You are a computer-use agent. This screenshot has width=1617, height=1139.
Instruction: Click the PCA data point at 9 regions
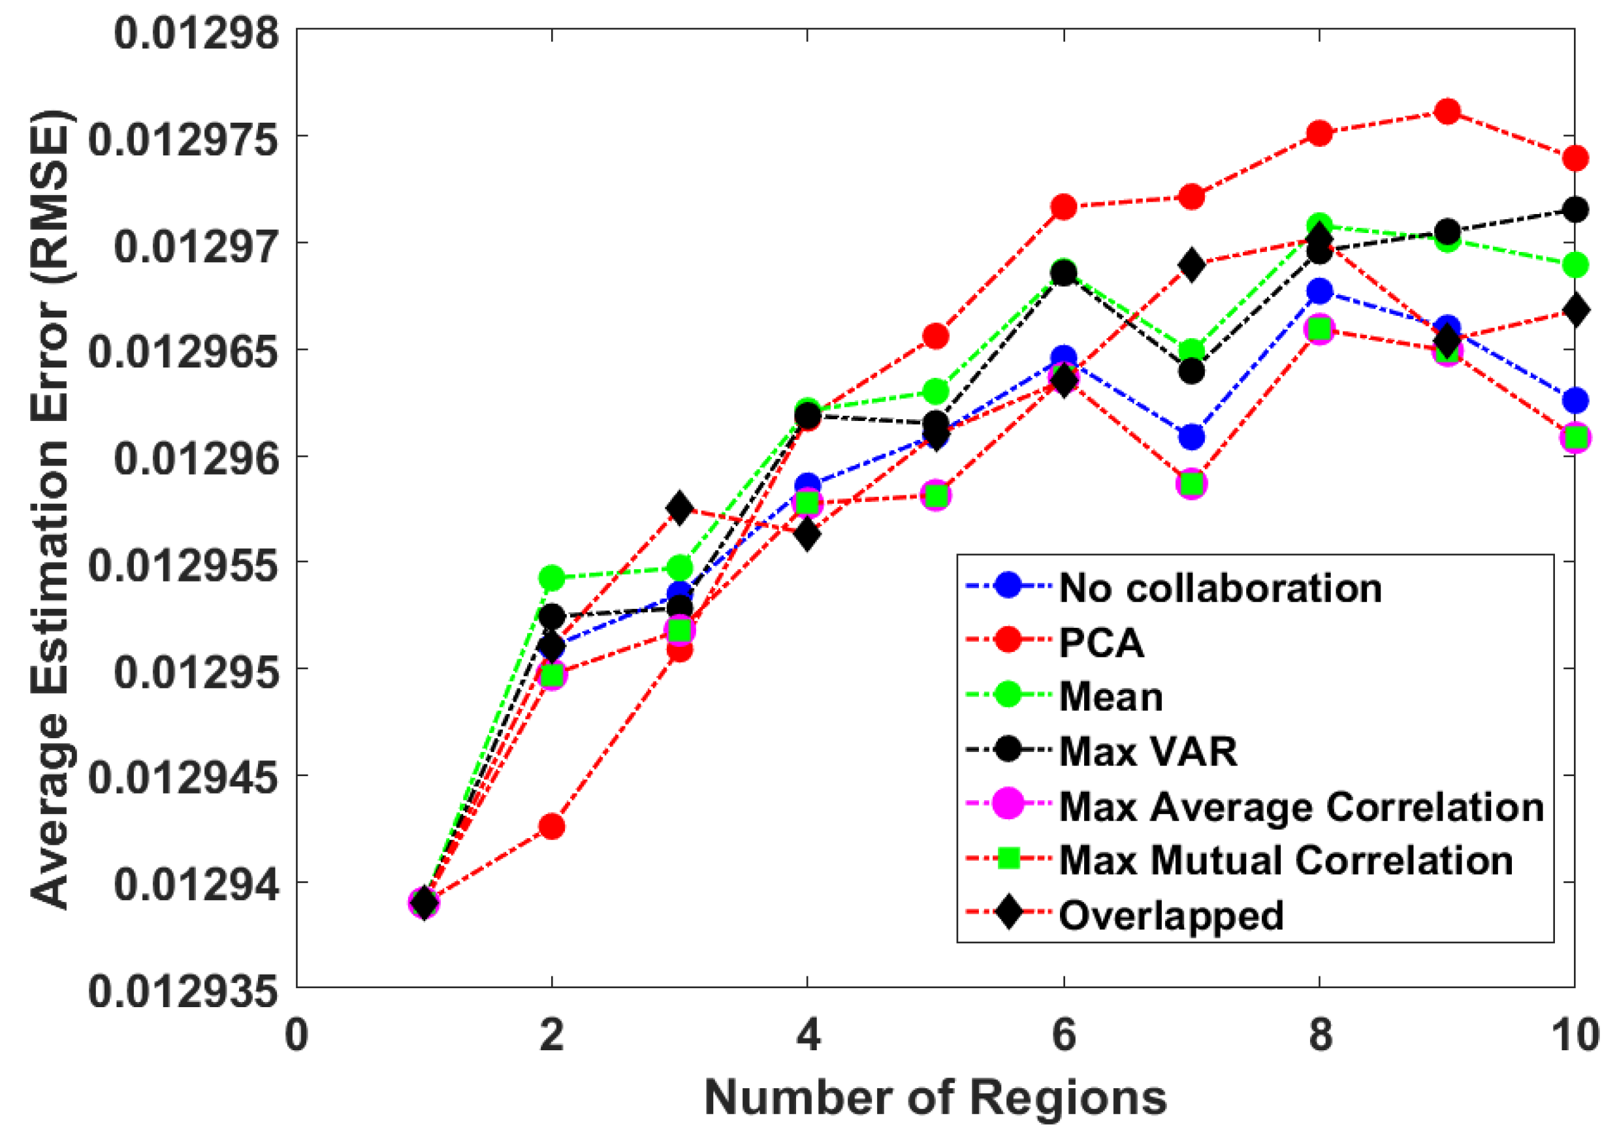(1447, 110)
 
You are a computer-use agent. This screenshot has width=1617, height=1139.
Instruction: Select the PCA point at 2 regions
(551, 826)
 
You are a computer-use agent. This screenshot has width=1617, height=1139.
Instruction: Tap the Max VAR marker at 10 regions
(1575, 209)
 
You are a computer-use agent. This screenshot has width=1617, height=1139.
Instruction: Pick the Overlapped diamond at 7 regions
(1192, 266)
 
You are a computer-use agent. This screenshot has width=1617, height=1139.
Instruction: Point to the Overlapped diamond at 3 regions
(680, 508)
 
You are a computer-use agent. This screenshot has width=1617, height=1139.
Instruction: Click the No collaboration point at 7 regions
(1192, 437)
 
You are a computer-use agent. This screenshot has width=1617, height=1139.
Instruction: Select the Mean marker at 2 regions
(551, 578)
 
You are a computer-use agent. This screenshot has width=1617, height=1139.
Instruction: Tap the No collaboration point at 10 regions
(1575, 401)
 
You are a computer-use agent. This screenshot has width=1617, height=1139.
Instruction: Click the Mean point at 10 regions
(1575, 266)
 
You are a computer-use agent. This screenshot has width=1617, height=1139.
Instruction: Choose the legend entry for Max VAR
(1148, 751)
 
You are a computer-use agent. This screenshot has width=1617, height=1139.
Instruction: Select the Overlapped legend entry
(1171, 915)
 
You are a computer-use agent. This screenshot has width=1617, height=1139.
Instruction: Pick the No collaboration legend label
(1221, 588)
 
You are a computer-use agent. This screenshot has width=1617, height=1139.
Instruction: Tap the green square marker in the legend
(1009, 860)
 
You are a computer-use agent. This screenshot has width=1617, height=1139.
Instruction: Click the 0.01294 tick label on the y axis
(196, 884)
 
